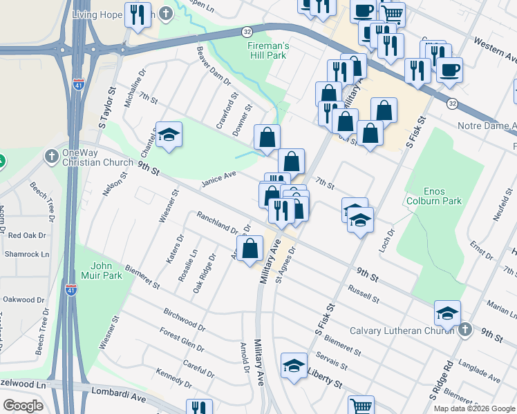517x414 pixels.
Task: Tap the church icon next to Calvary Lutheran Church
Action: pyautogui.click(x=466, y=330)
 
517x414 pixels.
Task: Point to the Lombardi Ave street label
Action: pyautogui.click(x=119, y=393)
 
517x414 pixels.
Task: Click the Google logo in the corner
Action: pyautogui.click(x=23, y=406)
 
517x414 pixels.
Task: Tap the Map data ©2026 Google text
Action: pyautogui.click(x=473, y=408)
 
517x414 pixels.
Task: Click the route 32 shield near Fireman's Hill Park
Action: pyautogui.click(x=247, y=32)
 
